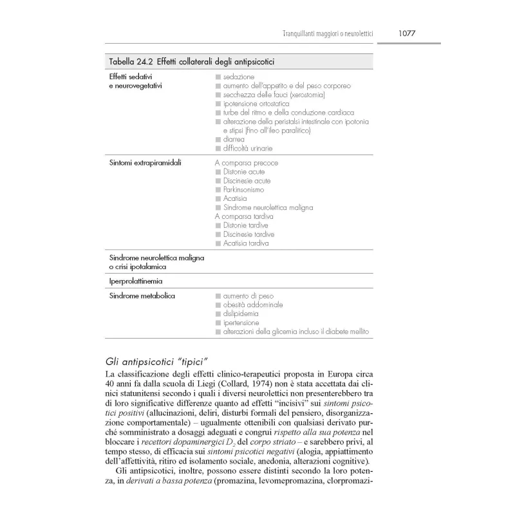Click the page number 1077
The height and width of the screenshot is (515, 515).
point(411,33)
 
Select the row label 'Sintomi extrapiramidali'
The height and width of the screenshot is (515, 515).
point(145,163)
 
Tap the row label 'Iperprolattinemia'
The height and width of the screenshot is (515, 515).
point(135,281)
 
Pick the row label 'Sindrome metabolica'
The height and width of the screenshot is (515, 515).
point(142,295)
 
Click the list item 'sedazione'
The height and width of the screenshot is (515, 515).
point(238,77)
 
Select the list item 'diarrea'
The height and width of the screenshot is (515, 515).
point(234,139)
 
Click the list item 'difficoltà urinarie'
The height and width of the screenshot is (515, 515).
point(248,148)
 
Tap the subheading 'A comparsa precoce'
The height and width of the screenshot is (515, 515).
point(247,163)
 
